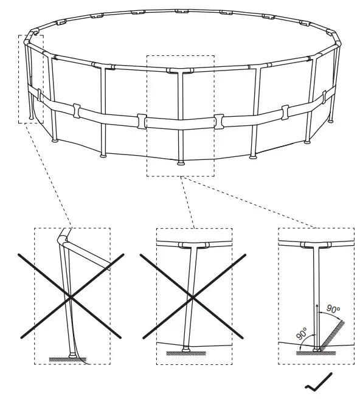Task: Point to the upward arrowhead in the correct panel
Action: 317,301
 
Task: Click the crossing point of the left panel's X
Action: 71,296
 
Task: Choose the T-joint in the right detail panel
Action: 316,246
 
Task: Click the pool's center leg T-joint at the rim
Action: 178,72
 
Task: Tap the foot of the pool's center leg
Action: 180,163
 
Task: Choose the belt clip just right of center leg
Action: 218,120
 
